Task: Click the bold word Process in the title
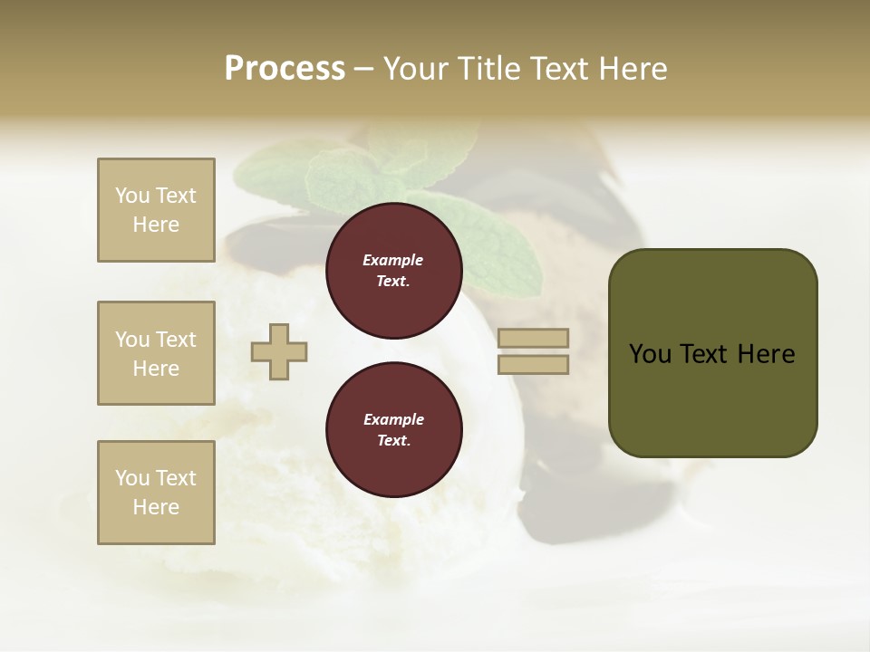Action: pyautogui.click(x=285, y=68)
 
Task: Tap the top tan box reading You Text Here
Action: pyautogui.click(x=156, y=210)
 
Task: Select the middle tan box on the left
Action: pyautogui.click(x=156, y=353)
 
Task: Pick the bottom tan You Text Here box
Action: pyautogui.click(x=156, y=493)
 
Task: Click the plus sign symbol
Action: pyautogui.click(x=279, y=352)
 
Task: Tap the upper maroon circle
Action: pyautogui.click(x=393, y=271)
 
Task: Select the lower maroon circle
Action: pyautogui.click(x=393, y=430)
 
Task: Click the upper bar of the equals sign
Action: pyautogui.click(x=533, y=338)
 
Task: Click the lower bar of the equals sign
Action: pyautogui.click(x=533, y=365)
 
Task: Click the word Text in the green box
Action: pyautogui.click(x=703, y=354)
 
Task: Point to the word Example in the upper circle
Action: pyautogui.click(x=393, y=260)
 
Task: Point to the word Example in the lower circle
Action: pyautogui.click(x=393, y=419)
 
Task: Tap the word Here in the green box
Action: pyautogui.click(x=767, y=354)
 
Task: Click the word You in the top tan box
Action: pyautogui.click(x=132, y=196)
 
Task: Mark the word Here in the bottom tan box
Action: pyautogui.click(x=156, y=507)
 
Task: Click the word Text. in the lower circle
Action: pyautogui.click(x=393, y=440)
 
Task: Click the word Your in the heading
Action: pyautogui.click(x=417, y=68)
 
